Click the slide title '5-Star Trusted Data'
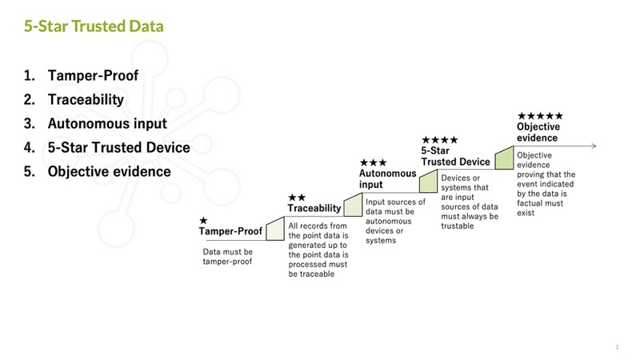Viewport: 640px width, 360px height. [94, 26]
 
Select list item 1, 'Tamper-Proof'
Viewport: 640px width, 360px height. [93, 75]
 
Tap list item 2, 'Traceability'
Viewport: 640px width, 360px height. [86, 99]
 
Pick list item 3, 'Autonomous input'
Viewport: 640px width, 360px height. [107, 123]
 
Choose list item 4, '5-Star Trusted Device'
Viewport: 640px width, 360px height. [118, 147]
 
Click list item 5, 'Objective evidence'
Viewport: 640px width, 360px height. [110, 171]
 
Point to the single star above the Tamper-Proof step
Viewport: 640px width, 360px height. [203, 221]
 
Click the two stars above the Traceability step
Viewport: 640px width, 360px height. [297, 198]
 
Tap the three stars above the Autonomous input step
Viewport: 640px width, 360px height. [373, 163]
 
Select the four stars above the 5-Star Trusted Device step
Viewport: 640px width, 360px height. [439, 140]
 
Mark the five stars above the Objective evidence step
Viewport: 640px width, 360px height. [540, 116]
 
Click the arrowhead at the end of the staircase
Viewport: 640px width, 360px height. [594, 146]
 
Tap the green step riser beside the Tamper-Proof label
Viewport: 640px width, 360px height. [275, 229]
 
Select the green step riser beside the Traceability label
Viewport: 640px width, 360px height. [353, 205]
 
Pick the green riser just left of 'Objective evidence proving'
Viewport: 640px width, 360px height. [504, 158]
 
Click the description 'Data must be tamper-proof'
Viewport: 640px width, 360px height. [228, 257]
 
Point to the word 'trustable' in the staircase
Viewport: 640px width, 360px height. [458, 226]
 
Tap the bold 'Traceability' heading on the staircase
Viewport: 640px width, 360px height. [314, 208]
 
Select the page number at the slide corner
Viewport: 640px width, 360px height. [617, 347]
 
